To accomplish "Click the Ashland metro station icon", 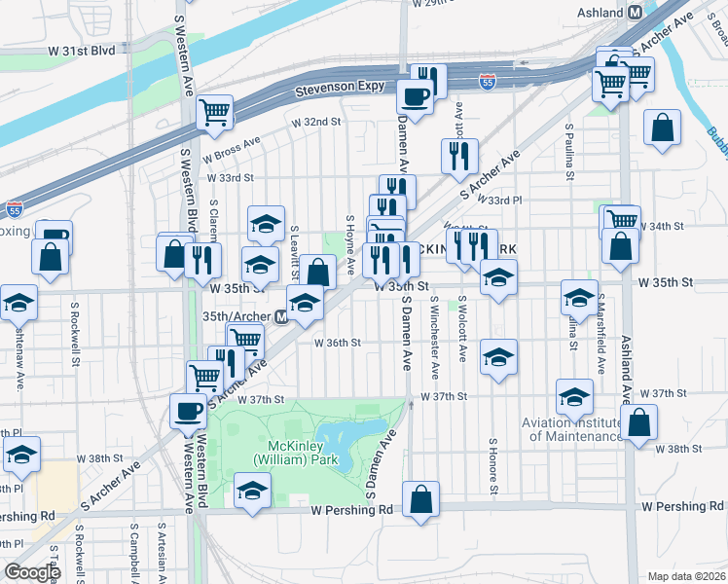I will pos(635,12).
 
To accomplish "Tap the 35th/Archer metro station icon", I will pos(280,317).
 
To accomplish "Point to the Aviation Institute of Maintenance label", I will pos(571,429).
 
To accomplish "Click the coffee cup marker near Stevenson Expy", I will pos(416,97).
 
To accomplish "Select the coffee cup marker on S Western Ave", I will pos(188,411).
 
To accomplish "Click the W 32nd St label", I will pos(316,123).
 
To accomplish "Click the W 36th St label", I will pos(337,343).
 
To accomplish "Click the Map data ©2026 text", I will pos(686,576).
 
